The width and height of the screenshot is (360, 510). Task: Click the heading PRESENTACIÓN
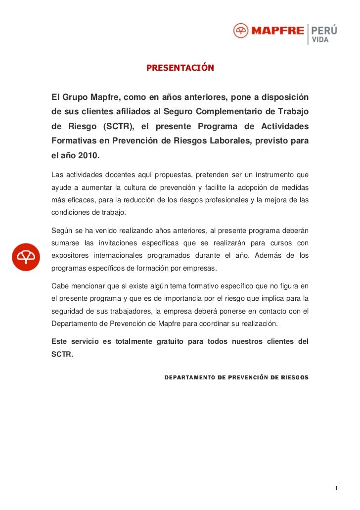180,68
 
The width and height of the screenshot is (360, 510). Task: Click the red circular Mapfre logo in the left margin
26,257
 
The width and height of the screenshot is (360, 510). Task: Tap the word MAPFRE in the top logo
277,31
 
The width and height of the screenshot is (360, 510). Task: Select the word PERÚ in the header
324,30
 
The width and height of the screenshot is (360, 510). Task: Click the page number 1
336,489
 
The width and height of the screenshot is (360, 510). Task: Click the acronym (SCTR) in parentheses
118,126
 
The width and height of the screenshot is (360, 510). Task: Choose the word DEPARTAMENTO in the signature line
189,377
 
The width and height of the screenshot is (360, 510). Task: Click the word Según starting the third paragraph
62,230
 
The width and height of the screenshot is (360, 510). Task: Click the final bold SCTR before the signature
62,354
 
